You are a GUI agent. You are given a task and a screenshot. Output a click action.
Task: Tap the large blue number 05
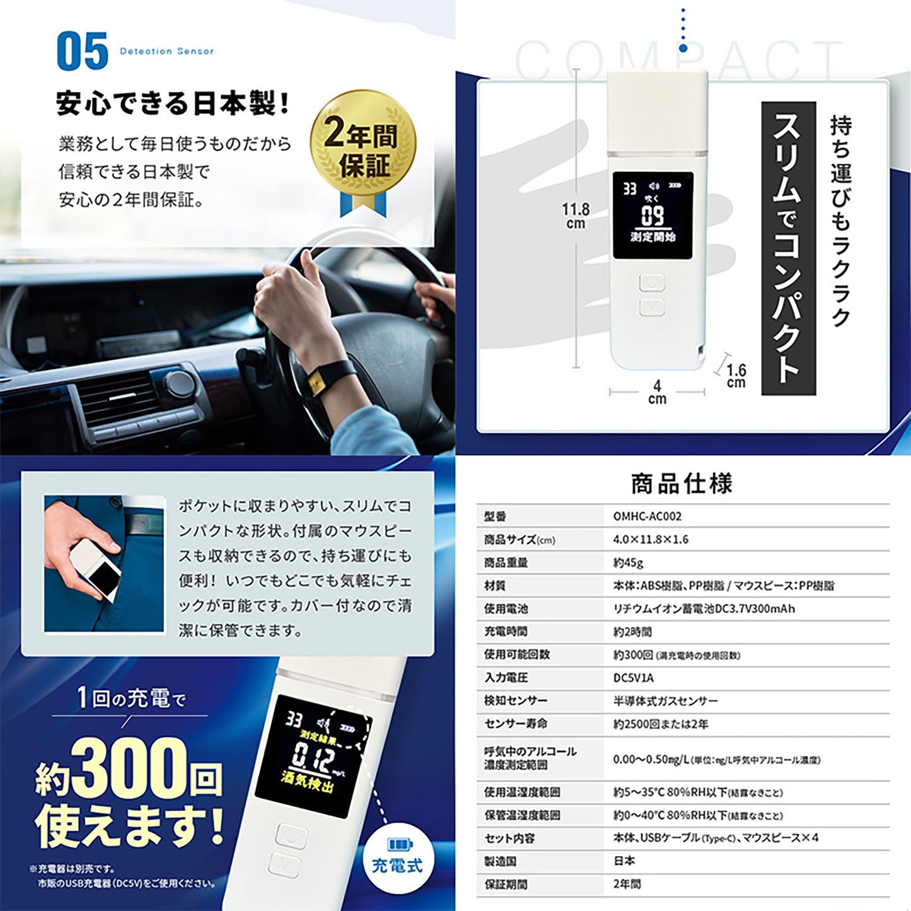82,52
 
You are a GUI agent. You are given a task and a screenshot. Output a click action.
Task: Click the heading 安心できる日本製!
173,103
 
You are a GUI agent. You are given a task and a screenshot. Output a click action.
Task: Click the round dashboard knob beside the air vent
179,384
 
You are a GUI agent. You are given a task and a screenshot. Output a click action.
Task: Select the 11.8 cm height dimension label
576,216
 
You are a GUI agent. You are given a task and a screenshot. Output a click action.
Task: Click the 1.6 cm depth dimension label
735,376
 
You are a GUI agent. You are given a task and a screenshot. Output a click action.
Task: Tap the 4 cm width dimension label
657,392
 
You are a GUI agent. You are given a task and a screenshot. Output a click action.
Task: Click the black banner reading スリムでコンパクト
788,248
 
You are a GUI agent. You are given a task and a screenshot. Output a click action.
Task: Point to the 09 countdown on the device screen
653,216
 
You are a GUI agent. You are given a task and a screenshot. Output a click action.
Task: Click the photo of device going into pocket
104,564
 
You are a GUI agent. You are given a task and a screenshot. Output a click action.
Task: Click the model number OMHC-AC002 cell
647,516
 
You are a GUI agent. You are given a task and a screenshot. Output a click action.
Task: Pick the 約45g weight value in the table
628,562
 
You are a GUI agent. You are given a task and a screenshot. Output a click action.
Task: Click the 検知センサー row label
516,700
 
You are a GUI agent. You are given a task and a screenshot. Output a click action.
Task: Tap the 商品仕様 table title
682,484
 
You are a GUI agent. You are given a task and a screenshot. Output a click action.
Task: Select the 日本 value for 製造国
624,861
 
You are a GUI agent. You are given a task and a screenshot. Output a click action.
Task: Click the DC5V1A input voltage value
634,678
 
